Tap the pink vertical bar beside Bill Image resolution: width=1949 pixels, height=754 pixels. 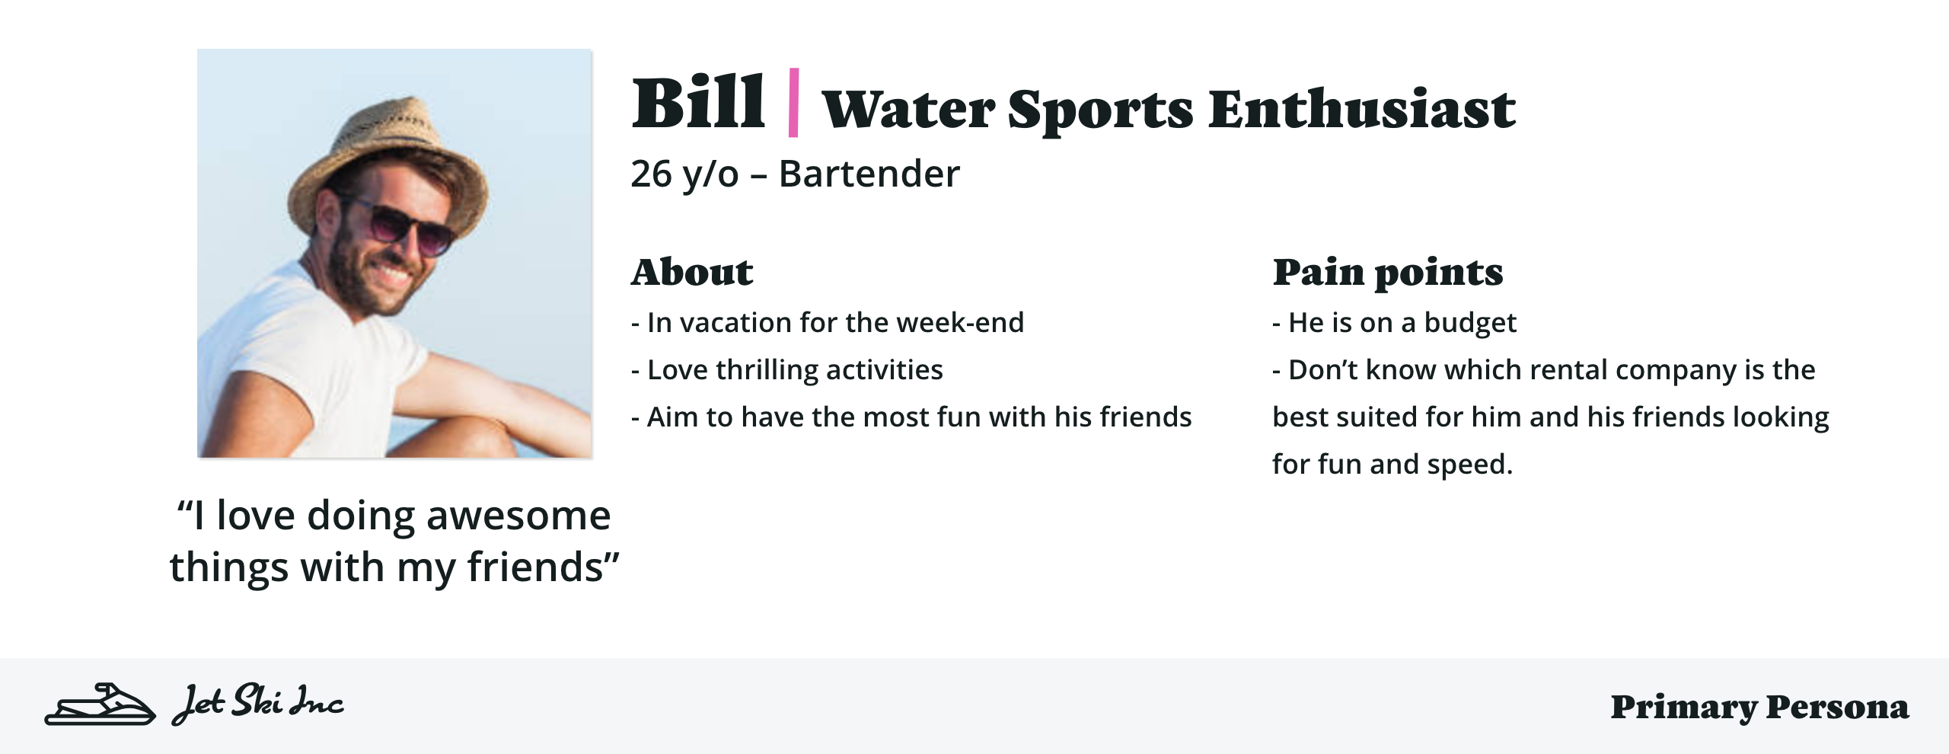793,103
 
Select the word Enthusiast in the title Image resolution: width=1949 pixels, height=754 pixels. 1361,109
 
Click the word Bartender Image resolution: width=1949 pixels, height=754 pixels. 869,174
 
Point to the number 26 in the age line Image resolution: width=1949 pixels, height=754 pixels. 651,174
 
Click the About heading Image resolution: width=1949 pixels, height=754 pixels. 692,272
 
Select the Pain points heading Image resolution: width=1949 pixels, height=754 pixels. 1387,272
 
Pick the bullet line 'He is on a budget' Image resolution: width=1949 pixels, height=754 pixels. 1394,323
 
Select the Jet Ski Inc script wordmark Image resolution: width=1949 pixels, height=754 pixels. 258,704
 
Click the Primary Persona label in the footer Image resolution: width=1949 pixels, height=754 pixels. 1759,707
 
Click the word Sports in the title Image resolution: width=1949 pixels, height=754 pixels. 1100,109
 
